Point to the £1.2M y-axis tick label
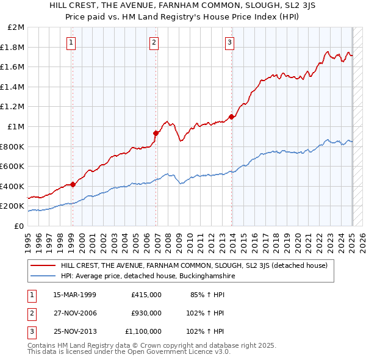click(x=13, y=107)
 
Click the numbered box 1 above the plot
click(x=72, y=42)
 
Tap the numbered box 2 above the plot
click(x=154, y=42)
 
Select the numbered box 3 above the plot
click(x=229, y=42)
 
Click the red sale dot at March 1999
click(x=73, y=184)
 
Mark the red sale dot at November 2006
click(x=156, y=133)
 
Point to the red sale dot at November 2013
click(x=231, y=117)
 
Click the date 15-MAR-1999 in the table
click(x=74, y=295)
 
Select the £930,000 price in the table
click(x=146, y=313)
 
